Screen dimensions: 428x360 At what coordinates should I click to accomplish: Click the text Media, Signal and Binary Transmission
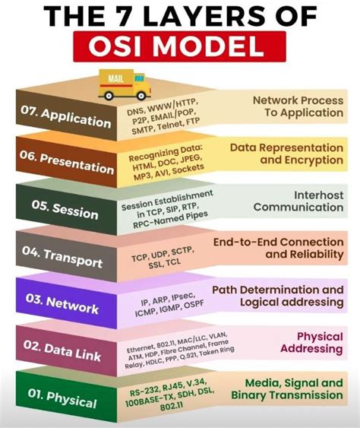tap(293, 388)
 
